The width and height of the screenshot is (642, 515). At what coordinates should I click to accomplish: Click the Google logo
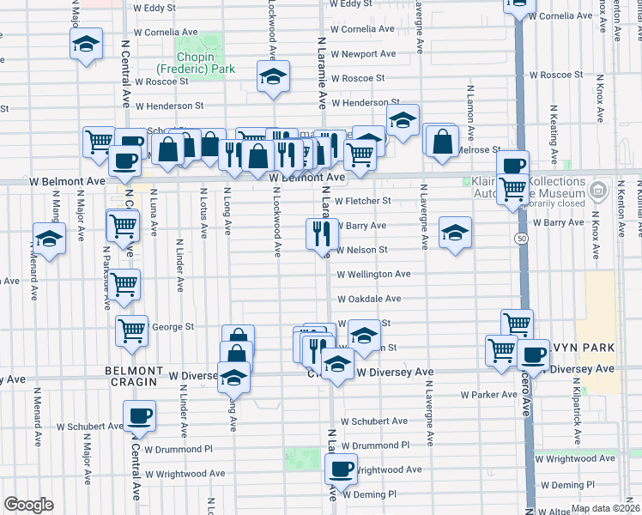(x=28, y=505)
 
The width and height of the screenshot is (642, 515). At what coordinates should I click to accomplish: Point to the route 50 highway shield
(x=521, y=238)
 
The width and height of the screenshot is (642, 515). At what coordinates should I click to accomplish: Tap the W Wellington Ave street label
(x=373, y=275)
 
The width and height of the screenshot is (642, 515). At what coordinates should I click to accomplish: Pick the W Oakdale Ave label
(x=369, y=299)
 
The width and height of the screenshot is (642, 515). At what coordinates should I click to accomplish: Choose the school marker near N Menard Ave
(x=49, y=239)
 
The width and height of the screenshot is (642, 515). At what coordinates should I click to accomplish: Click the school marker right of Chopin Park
(x=272, y=78)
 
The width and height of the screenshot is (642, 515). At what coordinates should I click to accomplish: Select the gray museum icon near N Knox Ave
(x=599, y=189)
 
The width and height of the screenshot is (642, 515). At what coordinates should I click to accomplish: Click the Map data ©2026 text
(x=604, y=508)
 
